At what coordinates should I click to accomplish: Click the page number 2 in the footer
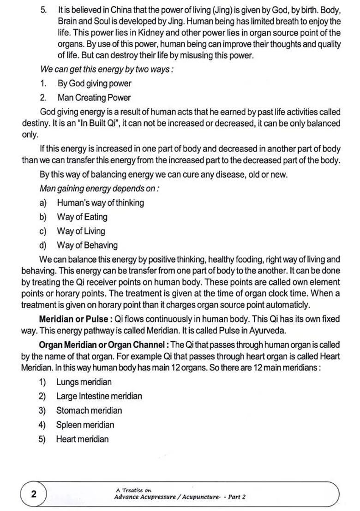(34, 494)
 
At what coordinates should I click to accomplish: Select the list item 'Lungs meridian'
(84, 382)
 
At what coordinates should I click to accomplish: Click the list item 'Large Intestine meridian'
(99, 396)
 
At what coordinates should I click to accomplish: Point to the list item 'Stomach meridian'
(89, 410)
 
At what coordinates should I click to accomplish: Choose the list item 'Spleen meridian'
(85, 425)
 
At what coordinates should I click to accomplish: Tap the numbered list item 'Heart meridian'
(82, 439)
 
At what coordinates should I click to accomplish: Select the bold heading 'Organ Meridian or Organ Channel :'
(104, 345)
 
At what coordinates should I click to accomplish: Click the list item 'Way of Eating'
(82, 217)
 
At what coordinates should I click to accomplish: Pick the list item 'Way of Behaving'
(87, 245)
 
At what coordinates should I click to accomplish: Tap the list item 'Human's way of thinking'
(100, 202)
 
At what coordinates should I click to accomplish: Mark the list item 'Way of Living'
(81, 231)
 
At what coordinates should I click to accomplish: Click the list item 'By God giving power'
(94, 83)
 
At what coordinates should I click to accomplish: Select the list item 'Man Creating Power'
(94, 98)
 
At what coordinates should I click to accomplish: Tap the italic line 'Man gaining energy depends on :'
(99, 189)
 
